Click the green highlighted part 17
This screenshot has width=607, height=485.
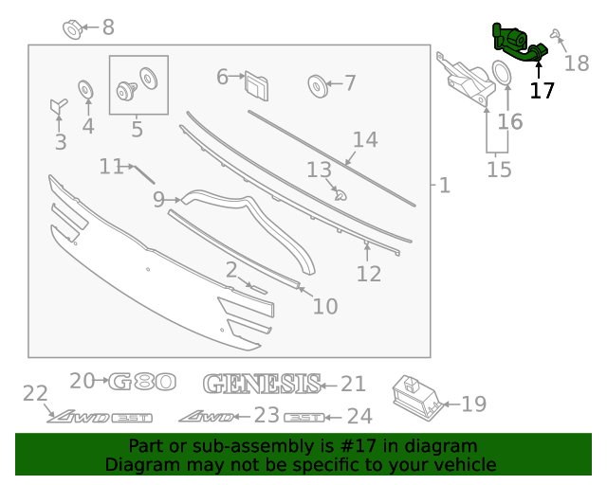click(x=517, y=42)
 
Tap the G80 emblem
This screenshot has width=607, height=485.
click(x=142, y=382)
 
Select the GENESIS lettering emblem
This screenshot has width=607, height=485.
click(x=261, y=384)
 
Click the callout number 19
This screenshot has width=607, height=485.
click(x=473, y=404)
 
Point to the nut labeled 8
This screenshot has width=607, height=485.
click(x=73, y=27)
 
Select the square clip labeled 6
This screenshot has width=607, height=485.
click(x=255, y=84)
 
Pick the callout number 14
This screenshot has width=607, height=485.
click(x=365, y=140)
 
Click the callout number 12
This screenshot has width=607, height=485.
click(x=369, y=274)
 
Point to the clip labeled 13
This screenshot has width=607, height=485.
click(x=342, y=195)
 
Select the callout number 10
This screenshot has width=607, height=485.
click(x=324, y=306)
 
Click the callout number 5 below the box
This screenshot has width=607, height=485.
click(x=137, y=129)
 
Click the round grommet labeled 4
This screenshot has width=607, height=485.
click(x=86, y=90)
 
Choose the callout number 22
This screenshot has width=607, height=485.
click(x=35, y=393)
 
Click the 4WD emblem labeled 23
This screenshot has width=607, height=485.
click(x=203, y=415)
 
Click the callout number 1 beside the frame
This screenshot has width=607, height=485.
click(x=445, y=186)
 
